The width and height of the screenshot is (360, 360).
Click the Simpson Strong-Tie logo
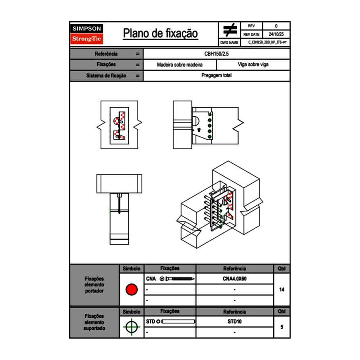coord(87,34)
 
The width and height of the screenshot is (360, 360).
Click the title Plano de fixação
coord(160,34)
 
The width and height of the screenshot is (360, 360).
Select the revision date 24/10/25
coord(276,34)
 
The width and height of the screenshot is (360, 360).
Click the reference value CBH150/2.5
coord(216,54)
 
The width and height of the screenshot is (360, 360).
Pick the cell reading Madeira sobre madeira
coord(180,65)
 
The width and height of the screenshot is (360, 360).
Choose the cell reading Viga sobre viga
coord(253,65)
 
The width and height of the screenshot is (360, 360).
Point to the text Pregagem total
coord(216,76)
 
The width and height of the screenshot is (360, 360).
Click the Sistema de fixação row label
coord(106,76)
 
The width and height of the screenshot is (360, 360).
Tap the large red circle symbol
coord(131,290)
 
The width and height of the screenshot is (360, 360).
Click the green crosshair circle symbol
coord(131,327)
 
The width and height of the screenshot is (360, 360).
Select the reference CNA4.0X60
coord(234,279)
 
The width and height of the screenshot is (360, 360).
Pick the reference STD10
coord(234,322)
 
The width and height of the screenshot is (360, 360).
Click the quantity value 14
coord(281,290)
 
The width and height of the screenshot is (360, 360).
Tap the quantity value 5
coord(281,327)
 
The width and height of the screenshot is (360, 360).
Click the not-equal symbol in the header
coord(230,30)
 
